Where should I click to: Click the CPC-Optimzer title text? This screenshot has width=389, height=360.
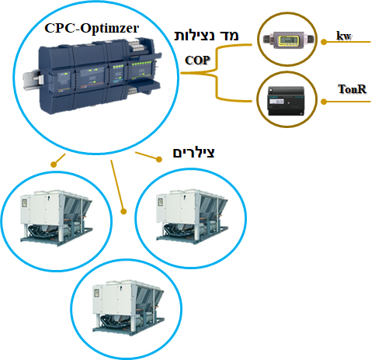pos(92,29)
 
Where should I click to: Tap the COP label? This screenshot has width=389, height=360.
pos(197,61)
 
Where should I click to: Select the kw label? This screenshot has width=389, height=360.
pos(344,36)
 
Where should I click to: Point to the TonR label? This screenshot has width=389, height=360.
pos(353,89)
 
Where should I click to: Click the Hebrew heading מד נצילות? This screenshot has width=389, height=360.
pos(207,36)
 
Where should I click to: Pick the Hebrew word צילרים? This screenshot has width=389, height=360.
pos(193,153)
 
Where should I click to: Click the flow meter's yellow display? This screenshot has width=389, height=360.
pos(287,40)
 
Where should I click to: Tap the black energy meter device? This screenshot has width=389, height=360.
pos(286,101)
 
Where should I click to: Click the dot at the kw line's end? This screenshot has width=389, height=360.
pos(324,42)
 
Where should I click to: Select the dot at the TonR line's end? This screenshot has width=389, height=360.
pos(324,102)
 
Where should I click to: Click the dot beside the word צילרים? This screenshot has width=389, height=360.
pos(159,159)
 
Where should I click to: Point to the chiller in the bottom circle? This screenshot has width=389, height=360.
pos(129,306)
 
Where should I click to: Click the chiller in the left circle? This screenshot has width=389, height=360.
pos(57,218)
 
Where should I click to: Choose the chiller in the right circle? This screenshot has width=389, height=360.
pos(192,216)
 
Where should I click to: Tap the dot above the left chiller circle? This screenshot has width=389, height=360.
pos(54,164)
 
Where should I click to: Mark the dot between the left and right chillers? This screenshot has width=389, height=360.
pos(123,212)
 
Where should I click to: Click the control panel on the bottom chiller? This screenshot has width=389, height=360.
pos(96,293)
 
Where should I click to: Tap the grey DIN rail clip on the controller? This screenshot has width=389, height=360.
pos(33,80)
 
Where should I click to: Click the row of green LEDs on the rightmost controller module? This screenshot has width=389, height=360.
pos(141,64)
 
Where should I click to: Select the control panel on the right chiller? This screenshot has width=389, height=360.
pos(161,202)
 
